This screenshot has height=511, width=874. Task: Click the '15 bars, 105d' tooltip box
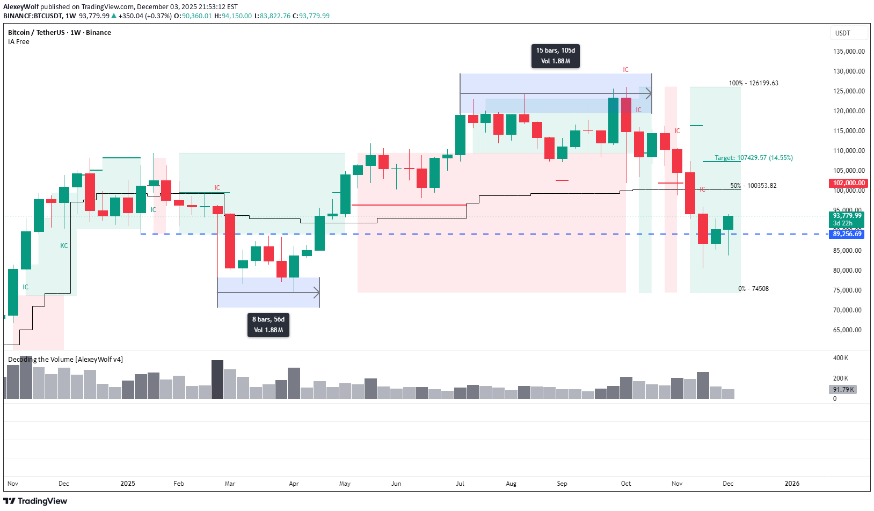tap(555, 56)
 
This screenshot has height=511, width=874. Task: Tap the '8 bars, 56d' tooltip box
tap(268, 325)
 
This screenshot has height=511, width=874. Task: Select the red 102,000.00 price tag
tap(848, 183)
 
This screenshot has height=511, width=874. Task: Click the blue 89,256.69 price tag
tap(847, 234)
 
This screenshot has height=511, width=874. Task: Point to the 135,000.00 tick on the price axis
tap(849, 52)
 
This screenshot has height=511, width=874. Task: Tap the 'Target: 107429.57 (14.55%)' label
tap(753, 158)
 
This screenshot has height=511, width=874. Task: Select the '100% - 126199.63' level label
tap(753, 83)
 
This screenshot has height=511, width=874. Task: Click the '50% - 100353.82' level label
tap(753, 186)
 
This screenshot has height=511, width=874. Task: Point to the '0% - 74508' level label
tap(753, 289)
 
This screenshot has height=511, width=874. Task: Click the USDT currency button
tap(843, 33)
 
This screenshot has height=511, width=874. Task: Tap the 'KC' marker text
tap(64, 246)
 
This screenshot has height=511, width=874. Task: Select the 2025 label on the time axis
tap(128, 484)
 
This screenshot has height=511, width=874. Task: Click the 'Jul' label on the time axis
tap(460, 484)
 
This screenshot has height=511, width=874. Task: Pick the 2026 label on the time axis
tap(792, 484)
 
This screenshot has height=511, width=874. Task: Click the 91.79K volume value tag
tap(843, 390)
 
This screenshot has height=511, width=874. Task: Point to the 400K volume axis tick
tap(840, 358)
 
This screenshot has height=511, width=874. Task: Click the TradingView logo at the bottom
tap(35, 501)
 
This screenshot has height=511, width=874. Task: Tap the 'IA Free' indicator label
tap(19, 42)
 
